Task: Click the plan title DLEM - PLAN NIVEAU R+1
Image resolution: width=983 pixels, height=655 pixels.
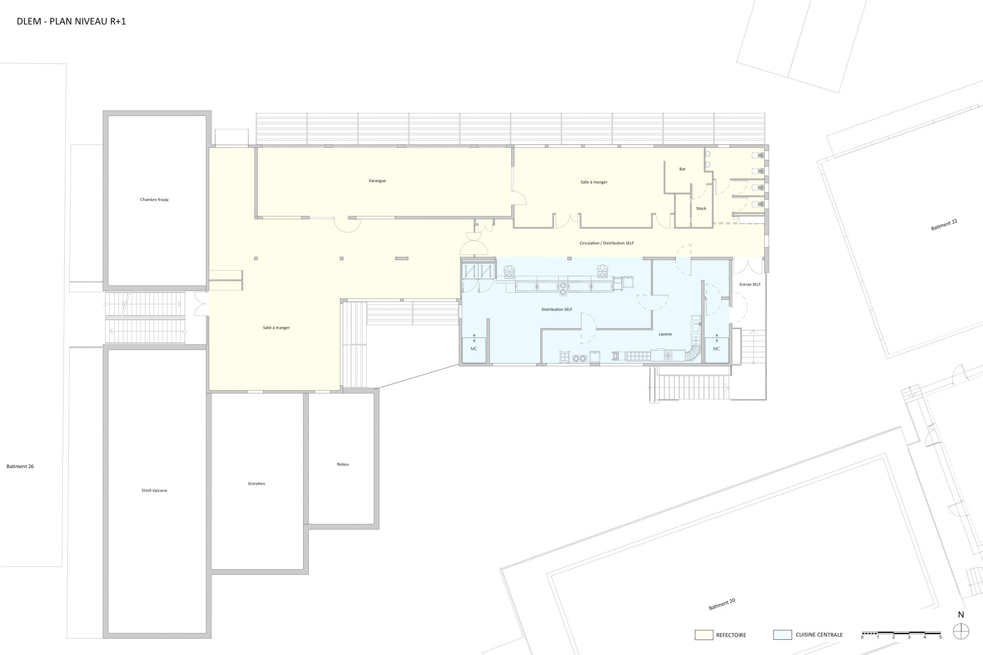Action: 71,22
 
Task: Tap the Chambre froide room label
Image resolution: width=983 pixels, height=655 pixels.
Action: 154,200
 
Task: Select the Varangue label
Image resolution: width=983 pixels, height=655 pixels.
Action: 377,181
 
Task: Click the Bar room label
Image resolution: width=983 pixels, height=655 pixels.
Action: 682,169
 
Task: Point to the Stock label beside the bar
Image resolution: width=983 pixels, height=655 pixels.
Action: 701,208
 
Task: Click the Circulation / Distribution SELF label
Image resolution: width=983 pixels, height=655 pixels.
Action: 607,243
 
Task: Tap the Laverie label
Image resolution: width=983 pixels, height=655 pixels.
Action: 665,334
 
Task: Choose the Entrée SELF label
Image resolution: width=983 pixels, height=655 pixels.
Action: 750,285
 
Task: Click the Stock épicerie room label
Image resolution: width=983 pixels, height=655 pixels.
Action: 154,490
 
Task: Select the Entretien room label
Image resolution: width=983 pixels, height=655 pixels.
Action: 257,484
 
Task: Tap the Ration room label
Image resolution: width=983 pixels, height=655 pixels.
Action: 343,464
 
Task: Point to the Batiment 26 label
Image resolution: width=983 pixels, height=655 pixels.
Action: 20,466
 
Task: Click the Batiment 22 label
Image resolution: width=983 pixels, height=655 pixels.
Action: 944,225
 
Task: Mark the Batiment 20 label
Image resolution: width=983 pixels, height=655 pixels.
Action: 722,604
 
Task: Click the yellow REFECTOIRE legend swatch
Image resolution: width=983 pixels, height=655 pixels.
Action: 704,635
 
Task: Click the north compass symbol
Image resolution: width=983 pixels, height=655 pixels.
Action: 961,631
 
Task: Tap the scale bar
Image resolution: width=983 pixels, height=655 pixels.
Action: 901,633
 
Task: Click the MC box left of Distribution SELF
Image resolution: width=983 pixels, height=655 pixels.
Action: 474,350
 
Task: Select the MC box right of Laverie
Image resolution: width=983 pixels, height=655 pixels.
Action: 717,350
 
